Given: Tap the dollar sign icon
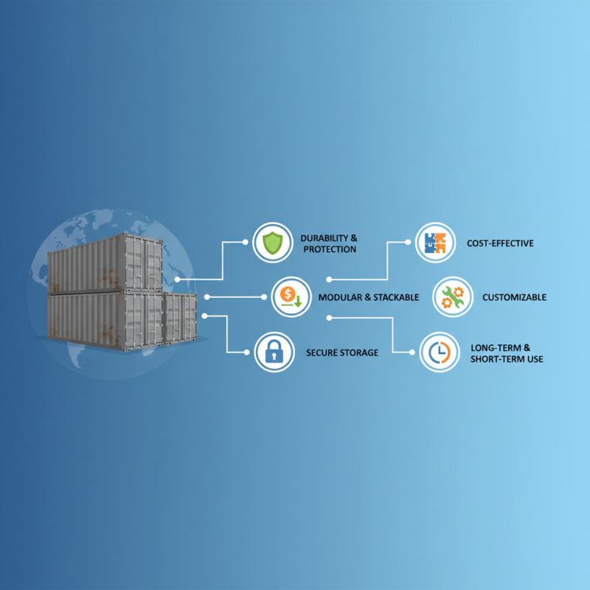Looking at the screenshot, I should (291, 297).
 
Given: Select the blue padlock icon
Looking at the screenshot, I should (274, 352).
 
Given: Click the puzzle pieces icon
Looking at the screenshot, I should (436, 242).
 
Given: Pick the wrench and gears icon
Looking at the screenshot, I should (452, 297).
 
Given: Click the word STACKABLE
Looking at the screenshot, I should (396, 297).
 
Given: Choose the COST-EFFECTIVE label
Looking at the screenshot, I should (500, 243).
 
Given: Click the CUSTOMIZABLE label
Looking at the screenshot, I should (514, 297).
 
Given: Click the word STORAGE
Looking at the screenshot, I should (361, 353).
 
